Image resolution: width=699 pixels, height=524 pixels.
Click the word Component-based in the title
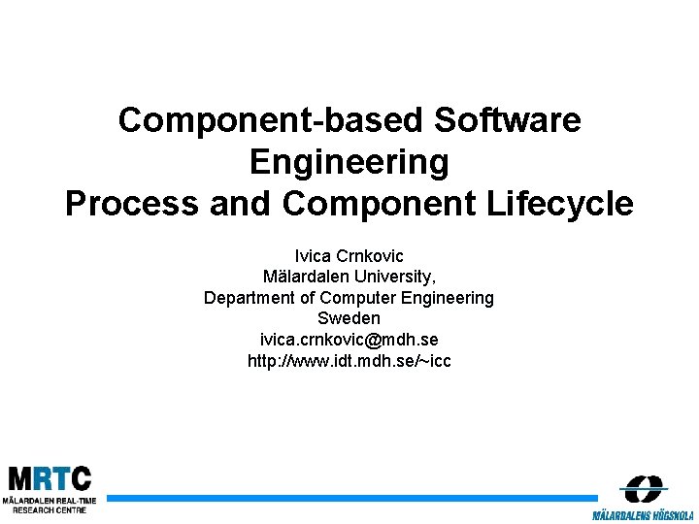pos(272,120)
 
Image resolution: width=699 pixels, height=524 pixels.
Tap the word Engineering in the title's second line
pos(349,162)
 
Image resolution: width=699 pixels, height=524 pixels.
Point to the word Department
pos(249,298)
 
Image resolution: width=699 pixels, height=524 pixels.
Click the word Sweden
pos(349,318)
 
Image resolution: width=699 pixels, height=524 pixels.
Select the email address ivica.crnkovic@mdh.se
pos(349,340)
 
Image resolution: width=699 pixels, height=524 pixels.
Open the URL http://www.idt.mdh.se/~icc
pos(349,361)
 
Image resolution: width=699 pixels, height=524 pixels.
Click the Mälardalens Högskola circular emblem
pos(643,488)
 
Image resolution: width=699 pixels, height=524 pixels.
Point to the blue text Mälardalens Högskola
pos(642,513)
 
